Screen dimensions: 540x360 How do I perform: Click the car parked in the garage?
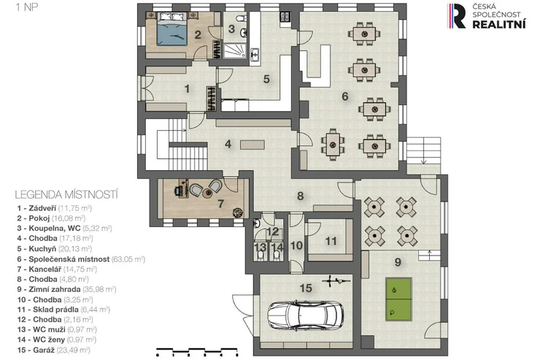point(306,315)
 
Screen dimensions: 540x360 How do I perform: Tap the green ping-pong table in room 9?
point(398,299)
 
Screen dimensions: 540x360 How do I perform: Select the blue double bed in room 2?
point(172,29)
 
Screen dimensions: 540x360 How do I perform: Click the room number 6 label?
point(345,97)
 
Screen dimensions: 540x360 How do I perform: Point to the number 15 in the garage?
point(306,288)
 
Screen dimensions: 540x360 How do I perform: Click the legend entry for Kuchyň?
point(55,249)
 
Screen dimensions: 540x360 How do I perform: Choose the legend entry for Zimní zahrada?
point(66,289)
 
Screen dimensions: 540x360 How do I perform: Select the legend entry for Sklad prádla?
point(63,310)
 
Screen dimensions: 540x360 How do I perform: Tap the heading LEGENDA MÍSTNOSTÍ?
point(66,195)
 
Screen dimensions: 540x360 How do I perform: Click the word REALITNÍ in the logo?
point(499,24)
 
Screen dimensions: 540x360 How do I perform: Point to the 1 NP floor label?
point(26,7)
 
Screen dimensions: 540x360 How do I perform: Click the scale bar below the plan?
point(197,351)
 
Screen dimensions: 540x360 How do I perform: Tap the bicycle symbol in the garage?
point(336,281)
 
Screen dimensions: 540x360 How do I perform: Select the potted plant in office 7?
point(237,212)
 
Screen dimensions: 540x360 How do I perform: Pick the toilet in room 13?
point(261,255)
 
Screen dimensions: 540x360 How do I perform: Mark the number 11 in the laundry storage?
point(331,241)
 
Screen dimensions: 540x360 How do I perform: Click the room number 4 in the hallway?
point(228,144)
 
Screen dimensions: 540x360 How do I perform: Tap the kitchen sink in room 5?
point(255,55)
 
